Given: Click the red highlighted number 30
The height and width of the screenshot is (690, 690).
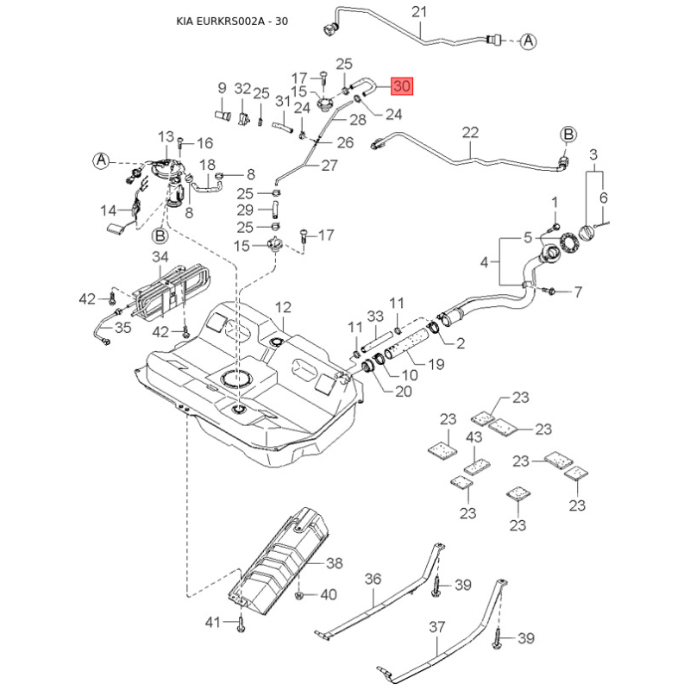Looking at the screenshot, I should (403, 86).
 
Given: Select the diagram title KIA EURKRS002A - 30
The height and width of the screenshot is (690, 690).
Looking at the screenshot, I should (226, 22).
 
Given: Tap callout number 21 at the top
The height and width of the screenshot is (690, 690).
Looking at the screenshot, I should (420, 12).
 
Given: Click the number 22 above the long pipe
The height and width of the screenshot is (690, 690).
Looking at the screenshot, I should (470, 133).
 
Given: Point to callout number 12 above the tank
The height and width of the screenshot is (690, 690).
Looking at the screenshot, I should (284, 307).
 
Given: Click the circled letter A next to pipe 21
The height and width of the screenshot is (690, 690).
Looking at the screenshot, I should (529, 40).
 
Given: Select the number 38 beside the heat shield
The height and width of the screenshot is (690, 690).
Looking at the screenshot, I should (334, 562).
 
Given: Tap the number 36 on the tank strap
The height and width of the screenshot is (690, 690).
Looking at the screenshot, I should (373, 580).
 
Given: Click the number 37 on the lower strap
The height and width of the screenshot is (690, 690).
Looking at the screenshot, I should (436, 627).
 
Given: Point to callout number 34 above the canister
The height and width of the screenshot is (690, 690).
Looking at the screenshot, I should (160, 257).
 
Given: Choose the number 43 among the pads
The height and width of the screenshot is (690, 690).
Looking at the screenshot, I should (474, 437).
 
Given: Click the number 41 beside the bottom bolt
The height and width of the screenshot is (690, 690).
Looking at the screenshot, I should (213, 621).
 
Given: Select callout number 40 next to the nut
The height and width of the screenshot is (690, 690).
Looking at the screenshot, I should (329, 594).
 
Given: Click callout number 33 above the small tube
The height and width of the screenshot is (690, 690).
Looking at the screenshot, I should (375, 317).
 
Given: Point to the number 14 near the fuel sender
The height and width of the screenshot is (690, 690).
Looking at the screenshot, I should (108, 210).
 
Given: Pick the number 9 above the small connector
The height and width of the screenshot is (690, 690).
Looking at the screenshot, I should (222, 87).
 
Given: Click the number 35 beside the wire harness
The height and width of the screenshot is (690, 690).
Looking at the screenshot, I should (123, 328).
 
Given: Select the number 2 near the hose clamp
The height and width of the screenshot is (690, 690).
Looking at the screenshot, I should (461, 343).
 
